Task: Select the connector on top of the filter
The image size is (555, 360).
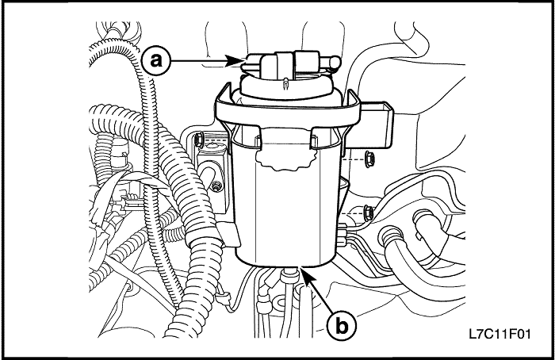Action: point(284,62)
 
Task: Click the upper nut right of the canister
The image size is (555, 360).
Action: point(370,159)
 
